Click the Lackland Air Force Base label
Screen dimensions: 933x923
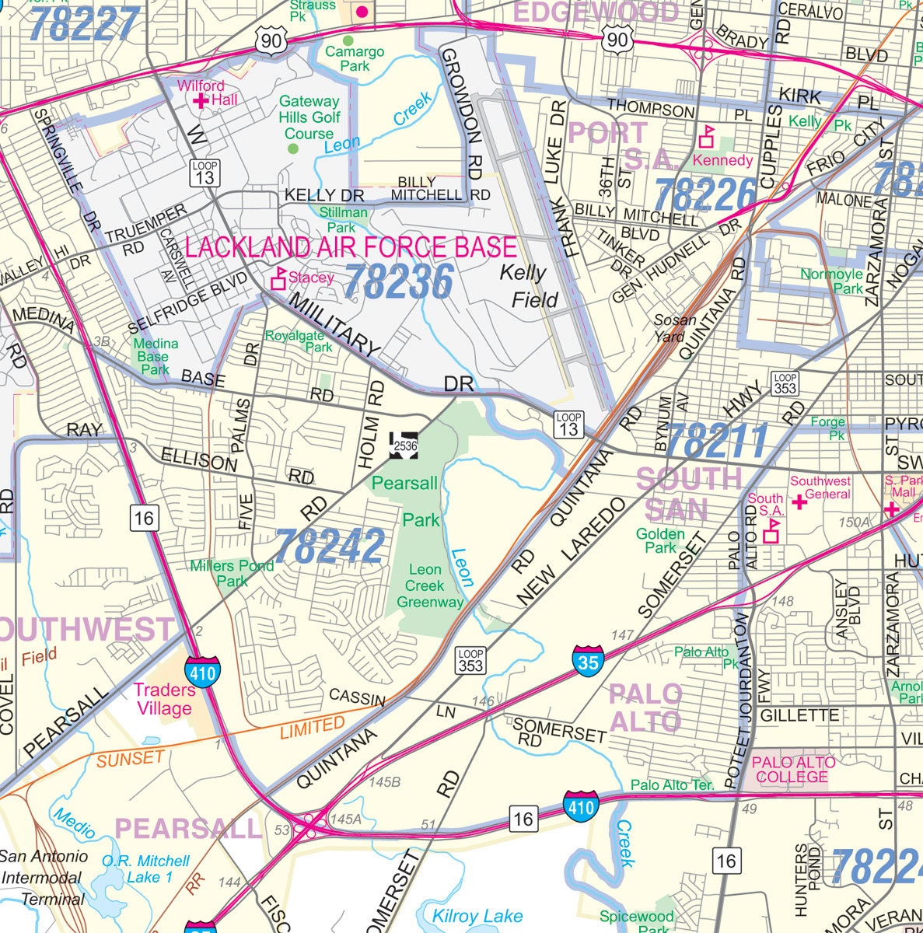pyautogui.click(x=351, y=248)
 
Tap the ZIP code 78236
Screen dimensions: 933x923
pyautogui.click(x=399, y=281)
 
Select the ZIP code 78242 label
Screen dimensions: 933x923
pyautogui.click(x=329, y=546)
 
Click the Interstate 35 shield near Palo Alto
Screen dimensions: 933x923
pyautogui.click(x=588, y=660)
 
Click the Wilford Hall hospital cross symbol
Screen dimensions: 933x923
pyautogui.click(x=201, y=100)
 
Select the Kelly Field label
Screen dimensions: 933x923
pyautogui.click(x=528, y=285)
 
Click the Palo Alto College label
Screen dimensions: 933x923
pyautogui.click(x=793, y=770)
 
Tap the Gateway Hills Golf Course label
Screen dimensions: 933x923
pyautogui.click(x=309, y=117)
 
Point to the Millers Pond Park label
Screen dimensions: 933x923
pyautogui.click(x=232, y=573)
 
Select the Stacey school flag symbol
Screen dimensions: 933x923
pyautogui.click(x=278, y=279)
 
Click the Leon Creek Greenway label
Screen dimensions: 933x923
pyautogui.click(x=429, y=585)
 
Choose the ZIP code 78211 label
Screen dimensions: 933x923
pyautogui.click(x=717, y=442)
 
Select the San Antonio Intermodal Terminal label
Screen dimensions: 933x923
pyautogui.click(x=44, y=878)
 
